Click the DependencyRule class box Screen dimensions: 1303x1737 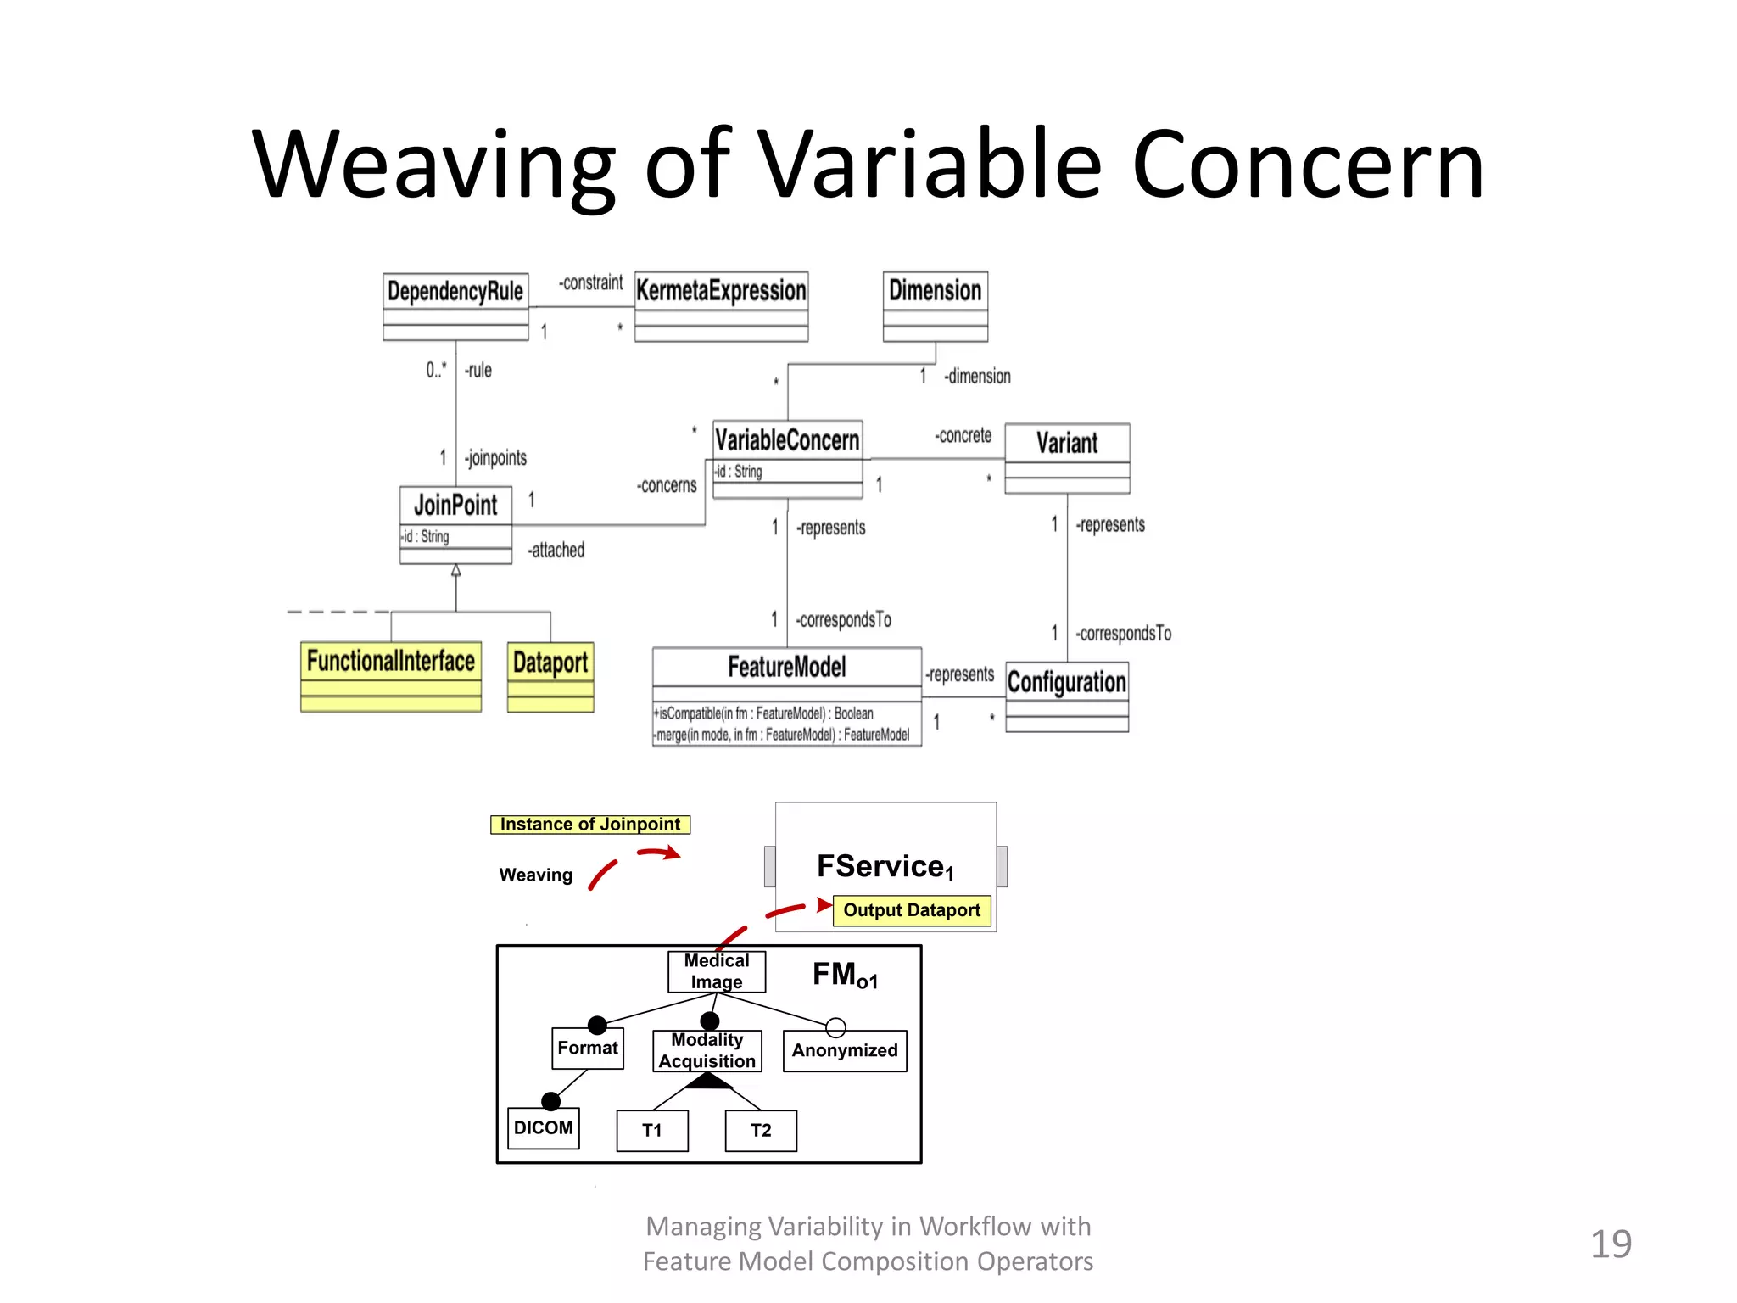point(455,305)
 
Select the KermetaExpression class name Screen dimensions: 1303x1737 point(721,291)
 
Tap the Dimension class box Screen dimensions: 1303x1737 point(935,305)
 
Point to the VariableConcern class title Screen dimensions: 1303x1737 point(787,440)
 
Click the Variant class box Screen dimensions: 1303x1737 point(1067,458)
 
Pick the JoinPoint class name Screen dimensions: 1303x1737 point(455,506)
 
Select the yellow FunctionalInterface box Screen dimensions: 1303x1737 point(391,676)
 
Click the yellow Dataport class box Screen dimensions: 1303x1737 point(550,676)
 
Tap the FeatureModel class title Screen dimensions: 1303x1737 point(787,667)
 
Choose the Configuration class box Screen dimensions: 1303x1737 point(1067,696)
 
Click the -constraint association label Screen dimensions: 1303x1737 point(591,282)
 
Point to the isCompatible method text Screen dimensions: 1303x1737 point(763,713)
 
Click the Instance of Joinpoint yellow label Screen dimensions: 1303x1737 point(590,825)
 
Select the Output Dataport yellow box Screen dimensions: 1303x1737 point(912,910)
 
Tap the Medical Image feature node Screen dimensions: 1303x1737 point(717,971)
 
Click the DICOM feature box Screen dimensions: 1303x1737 point(544,1128)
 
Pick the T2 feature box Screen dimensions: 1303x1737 point(761,1131)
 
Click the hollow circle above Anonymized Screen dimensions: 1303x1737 point(835,1027)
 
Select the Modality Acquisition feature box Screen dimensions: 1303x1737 point(707,1051)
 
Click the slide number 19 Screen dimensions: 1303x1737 point(1610,1244)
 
